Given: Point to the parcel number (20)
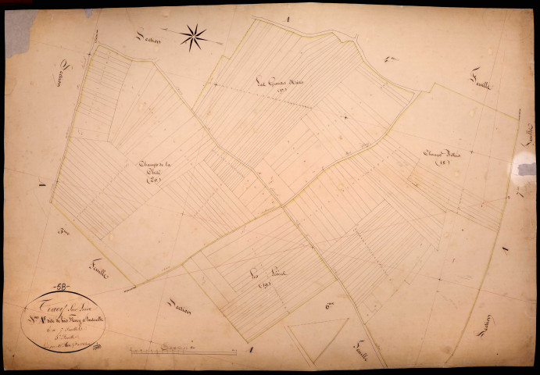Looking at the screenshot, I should [x=153, y=181].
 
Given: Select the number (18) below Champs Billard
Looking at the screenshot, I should [x=442, y=164].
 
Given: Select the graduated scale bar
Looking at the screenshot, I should [x=184, y=352].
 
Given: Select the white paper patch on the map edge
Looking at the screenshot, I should [x=524, y=165].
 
